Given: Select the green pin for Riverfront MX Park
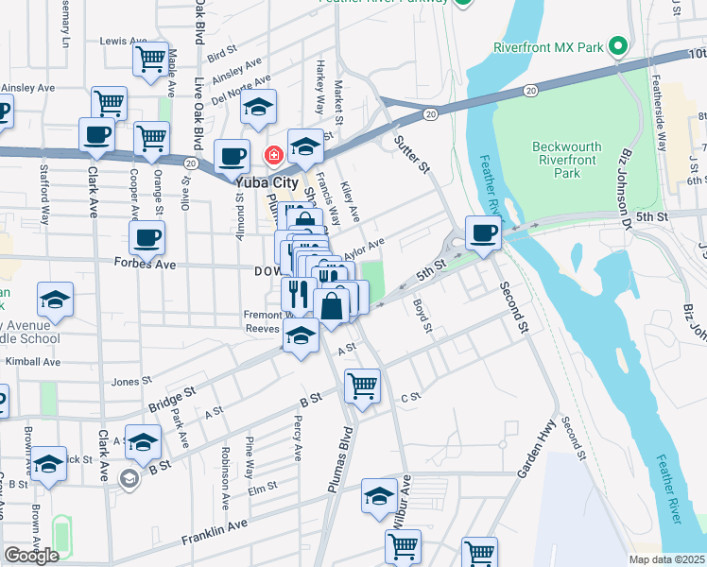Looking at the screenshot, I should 617,46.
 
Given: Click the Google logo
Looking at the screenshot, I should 31,555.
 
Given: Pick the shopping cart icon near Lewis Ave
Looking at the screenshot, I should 150,59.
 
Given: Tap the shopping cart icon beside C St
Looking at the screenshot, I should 362,385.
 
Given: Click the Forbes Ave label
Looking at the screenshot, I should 145,264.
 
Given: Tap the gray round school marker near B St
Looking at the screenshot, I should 128,480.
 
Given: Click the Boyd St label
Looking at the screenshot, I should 422,316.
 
